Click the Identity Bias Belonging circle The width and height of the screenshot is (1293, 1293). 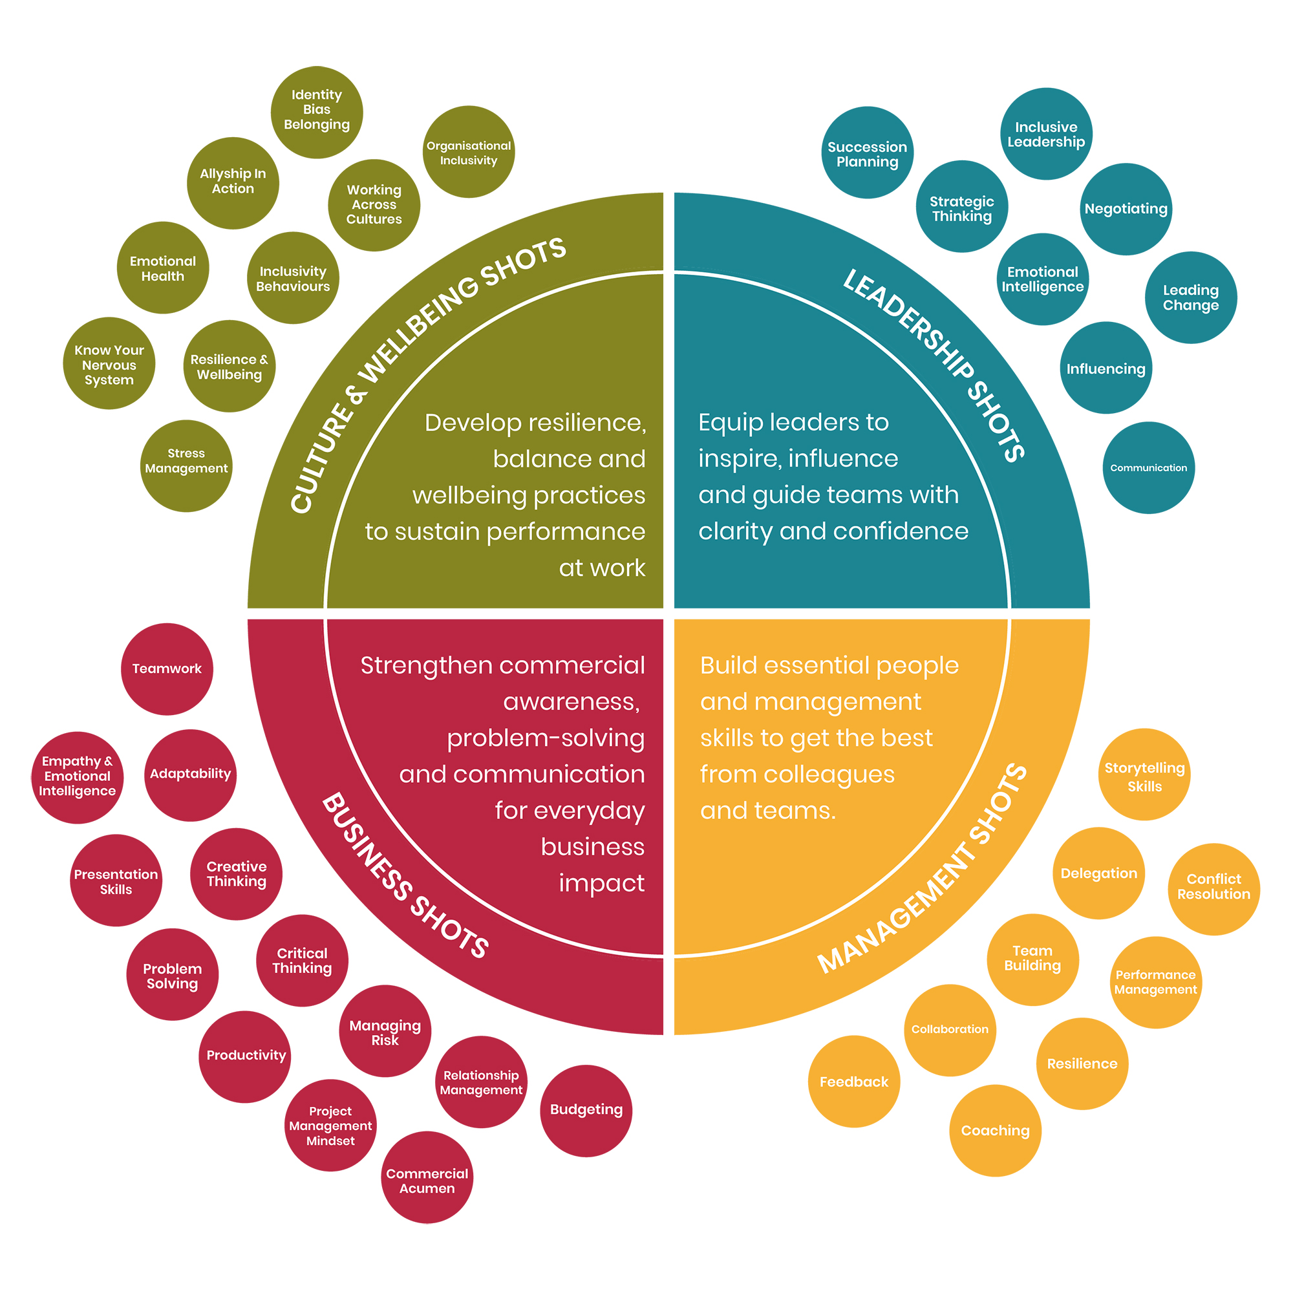317,112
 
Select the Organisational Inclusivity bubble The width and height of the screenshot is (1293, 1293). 469,152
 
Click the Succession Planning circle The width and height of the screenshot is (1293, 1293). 868,153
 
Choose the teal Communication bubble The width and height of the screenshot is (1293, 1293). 1148,468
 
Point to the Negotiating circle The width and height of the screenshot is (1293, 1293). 1126,209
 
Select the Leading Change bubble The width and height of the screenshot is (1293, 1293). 1191,297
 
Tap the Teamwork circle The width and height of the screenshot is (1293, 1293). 167,668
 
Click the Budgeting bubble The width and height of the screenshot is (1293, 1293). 586,1109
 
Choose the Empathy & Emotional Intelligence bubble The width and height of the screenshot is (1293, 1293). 77,776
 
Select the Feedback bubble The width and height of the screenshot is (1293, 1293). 853,1082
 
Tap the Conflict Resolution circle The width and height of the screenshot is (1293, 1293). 1213,888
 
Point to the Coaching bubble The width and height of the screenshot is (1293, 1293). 994,1131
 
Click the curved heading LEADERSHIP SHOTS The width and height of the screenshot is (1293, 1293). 934,365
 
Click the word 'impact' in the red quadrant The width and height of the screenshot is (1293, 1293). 602,883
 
